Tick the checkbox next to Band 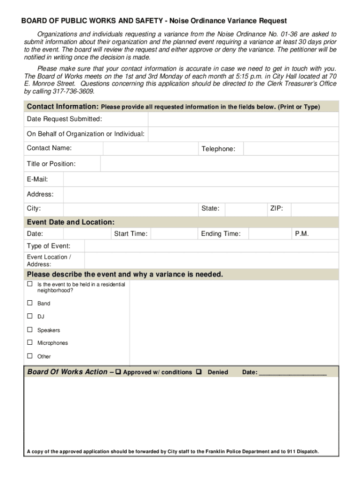click(x=30, y=303)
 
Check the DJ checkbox click(x=30, y=316)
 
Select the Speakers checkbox click(x=30, y=330)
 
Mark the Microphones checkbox click(x=30, y=342)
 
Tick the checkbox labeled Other click(x=30, y=356)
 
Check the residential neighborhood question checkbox click(x=30, y=284)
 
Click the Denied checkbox click(x=199, y=372)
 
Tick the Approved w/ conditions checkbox click(x=118, y=372)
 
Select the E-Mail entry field click(x=201, y=179)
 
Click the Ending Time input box click(x=268, y=234)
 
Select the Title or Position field click(x=219, y=164)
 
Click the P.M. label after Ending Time click(x=302, y=234)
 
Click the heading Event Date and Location click(x=71, y=222)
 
